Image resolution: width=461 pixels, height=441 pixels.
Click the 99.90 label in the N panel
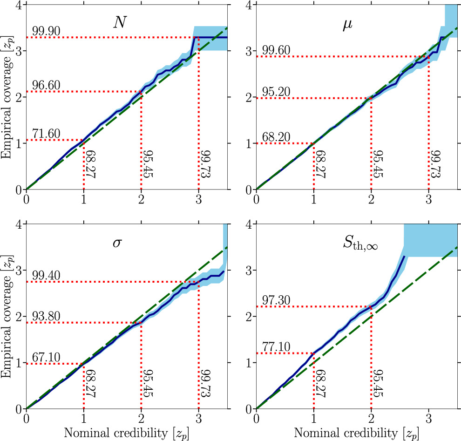46,31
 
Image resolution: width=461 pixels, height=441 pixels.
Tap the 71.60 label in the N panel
46,134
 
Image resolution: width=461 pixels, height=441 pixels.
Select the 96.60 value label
46,86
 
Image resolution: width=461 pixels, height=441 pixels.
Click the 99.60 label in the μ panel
276,51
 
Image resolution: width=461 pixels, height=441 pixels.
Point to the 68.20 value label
276,137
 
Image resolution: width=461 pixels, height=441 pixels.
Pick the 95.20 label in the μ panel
276,92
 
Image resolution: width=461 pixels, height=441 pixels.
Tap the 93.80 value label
46,317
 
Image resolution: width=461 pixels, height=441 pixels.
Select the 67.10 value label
46,358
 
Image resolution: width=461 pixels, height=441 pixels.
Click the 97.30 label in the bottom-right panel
276,300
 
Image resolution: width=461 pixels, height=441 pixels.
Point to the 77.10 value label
276,347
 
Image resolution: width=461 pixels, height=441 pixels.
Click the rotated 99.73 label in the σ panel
203,383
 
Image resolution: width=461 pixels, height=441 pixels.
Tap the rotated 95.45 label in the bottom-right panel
376,383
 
